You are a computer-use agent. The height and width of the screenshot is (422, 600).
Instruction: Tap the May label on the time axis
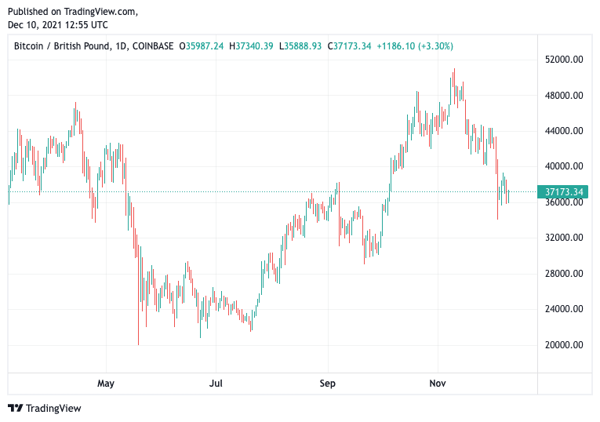[106, 384]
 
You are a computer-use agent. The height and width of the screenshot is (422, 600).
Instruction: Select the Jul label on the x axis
[216, 384]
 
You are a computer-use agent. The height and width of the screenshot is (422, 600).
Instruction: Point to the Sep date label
[328, 384]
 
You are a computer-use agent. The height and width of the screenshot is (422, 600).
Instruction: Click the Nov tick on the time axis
[438, 384]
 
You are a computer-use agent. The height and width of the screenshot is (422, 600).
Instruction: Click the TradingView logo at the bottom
[45, 408]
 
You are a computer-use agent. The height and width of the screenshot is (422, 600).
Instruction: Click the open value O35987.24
[202, 46]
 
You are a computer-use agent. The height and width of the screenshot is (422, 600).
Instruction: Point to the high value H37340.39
[251, 46]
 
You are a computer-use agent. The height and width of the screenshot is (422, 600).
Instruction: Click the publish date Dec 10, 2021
[37, 24]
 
